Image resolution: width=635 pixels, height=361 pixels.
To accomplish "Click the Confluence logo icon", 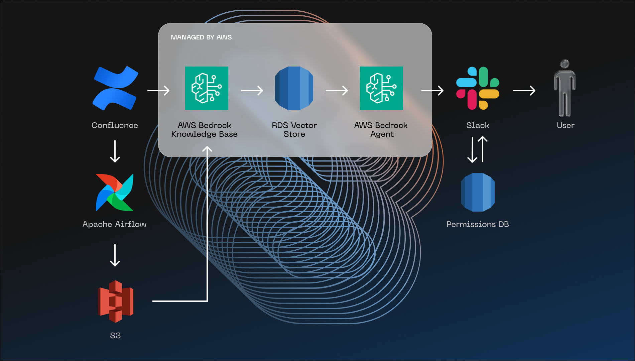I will pyautogui.click(x=115, y=88).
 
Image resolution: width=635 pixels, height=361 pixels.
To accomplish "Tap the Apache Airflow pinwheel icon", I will pyautogui.click(x=115, y=193).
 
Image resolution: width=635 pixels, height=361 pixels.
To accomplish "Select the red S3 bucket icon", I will pyautogui.click(x=116, y=302).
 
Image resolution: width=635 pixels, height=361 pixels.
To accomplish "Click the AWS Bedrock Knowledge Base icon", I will pyautogui.click(x=207, y=88).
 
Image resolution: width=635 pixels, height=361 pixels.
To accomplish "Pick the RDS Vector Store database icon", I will pyautogui.click(x=294, y=88).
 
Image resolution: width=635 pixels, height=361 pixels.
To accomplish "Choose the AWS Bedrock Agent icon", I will pyautogui.click(x=381, y=88).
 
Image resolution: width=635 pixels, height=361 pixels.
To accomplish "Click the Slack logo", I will pyautogui.click(x=478, y=88).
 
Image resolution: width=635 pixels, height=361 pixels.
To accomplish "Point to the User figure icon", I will pyautogui.click(x=565, y=88).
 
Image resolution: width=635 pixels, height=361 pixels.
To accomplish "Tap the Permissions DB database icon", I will pyautogui.click(x=478, y=192).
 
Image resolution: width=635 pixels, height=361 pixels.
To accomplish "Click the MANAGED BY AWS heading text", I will pyautogui.click(x=201, y=37).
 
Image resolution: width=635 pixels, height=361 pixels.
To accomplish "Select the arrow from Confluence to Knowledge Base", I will pyautogui.click(x=158, y=90).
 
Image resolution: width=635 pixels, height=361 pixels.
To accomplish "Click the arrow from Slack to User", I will pyautogui.click(x=524, y=90).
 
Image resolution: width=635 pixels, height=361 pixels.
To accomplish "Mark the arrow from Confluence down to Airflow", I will pyautogui.click(x=115, y=151).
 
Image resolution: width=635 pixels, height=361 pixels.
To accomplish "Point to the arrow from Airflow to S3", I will pyautogui.click(x=115, y=255).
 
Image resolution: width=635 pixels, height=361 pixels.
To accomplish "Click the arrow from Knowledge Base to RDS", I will pyautogui.click(x=252, y=90).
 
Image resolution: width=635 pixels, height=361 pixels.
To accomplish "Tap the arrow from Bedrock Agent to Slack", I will pyautogui.click(x=432, y=90).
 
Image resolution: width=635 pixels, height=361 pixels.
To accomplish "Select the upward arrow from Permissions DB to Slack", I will pyautogui.click(x=483, y=149).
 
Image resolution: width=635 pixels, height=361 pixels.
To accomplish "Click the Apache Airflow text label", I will pyautogui.click(x=114, y=224).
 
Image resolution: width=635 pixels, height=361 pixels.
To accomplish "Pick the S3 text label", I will pyautogui.click(x=115, y=336).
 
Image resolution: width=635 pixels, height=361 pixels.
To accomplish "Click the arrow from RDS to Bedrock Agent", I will pyautogui.click(x=337, y=90).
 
